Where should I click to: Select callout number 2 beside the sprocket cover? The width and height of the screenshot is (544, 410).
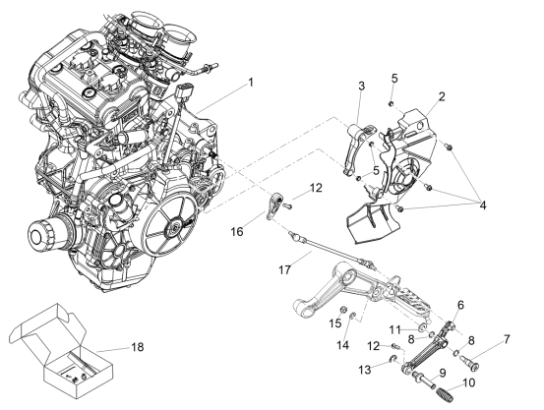[x=442, y=96]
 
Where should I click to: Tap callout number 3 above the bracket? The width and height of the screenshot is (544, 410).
[x=361, y=86]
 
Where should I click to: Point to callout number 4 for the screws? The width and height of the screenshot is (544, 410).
[x=483, y=205]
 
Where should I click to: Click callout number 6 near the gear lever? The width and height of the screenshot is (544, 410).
[x=460, y=305]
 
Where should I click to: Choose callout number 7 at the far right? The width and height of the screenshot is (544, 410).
[x=507, y=339]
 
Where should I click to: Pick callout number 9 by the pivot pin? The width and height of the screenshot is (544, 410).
[x=442, y=373]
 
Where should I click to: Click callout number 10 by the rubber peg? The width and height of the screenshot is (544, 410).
[x=468, y=382]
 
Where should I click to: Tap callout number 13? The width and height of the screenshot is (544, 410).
[x=365, y=370]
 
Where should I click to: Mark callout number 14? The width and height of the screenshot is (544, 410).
[x=343, y=345]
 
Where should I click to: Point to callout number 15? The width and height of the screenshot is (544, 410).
[x=335, y=323]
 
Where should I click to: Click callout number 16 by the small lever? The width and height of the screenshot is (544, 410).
[x=237, y=231]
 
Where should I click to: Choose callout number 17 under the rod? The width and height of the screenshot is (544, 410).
[x=284, y=269]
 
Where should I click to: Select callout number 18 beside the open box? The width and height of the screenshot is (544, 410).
[x=138, y=346]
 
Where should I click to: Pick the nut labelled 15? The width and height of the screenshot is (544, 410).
[x=341, y=309]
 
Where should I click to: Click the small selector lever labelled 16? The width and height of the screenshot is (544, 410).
[x=272, y=205]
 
